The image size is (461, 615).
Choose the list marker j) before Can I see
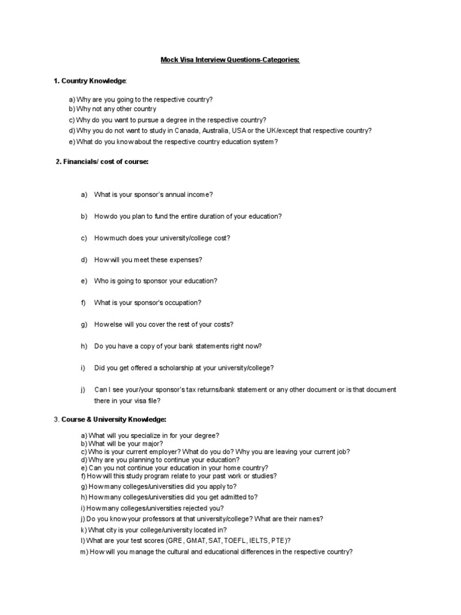[83, 390]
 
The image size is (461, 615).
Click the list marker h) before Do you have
[83, 346]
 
